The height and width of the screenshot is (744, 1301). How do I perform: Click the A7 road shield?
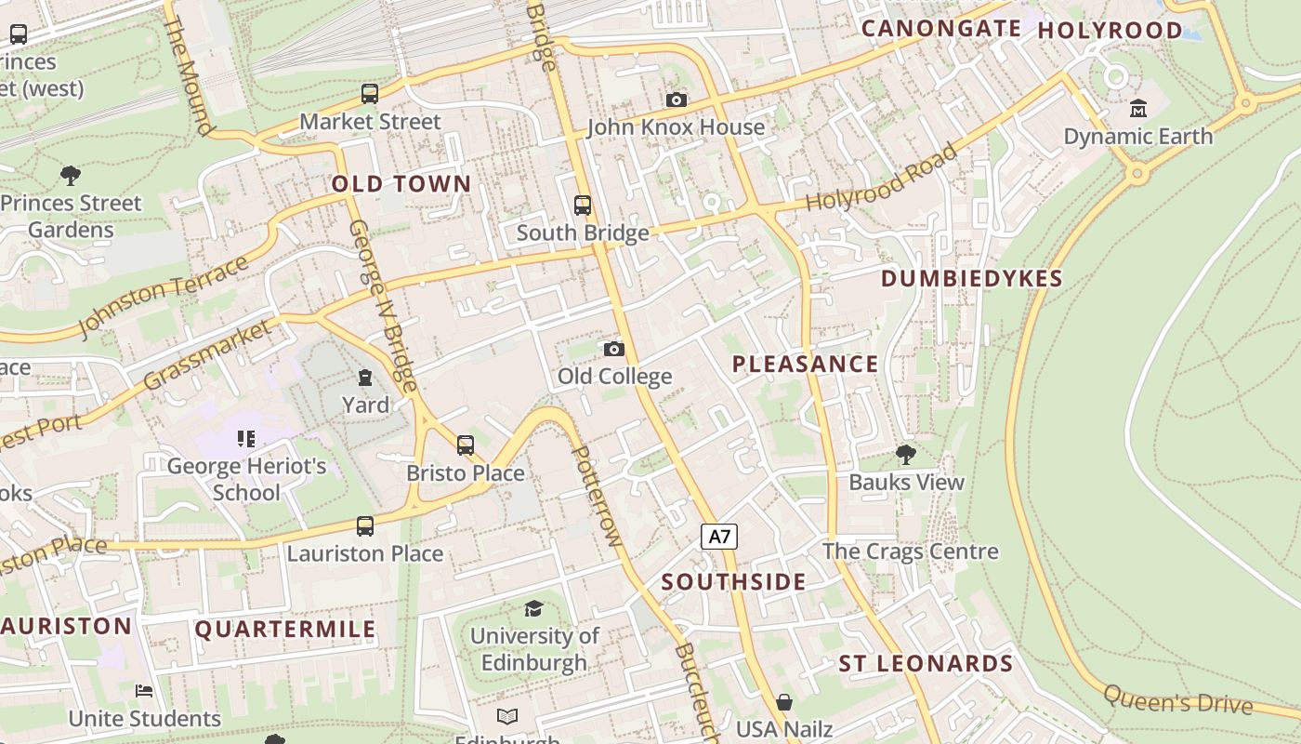point(718,536)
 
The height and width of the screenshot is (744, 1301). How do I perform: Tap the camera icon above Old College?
point(613,349)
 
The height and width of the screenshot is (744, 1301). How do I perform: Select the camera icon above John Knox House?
point(677,100)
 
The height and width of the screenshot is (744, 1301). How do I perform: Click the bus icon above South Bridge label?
point(583,206)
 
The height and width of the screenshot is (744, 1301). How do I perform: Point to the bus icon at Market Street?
point(370,94)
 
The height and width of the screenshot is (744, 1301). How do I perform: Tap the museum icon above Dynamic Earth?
point(1138,109)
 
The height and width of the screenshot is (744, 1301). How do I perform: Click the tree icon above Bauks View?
point(906,455)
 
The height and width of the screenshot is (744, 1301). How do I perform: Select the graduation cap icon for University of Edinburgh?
point(533,608)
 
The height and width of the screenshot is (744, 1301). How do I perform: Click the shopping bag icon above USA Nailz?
point(784,701)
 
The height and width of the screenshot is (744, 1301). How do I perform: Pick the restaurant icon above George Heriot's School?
point(246,438)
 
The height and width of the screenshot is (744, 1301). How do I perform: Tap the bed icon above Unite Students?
point(144,691)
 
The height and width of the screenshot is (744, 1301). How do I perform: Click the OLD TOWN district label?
point(401,184)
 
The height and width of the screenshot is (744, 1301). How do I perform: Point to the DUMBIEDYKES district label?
point(971,279)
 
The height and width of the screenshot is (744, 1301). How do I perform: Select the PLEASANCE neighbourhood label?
point(805,364)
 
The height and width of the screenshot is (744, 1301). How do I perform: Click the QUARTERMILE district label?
point(285,630)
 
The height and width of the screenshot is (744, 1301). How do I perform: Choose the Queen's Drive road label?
point(1177,699)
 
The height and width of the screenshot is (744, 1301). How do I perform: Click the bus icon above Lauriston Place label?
point(365,526)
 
